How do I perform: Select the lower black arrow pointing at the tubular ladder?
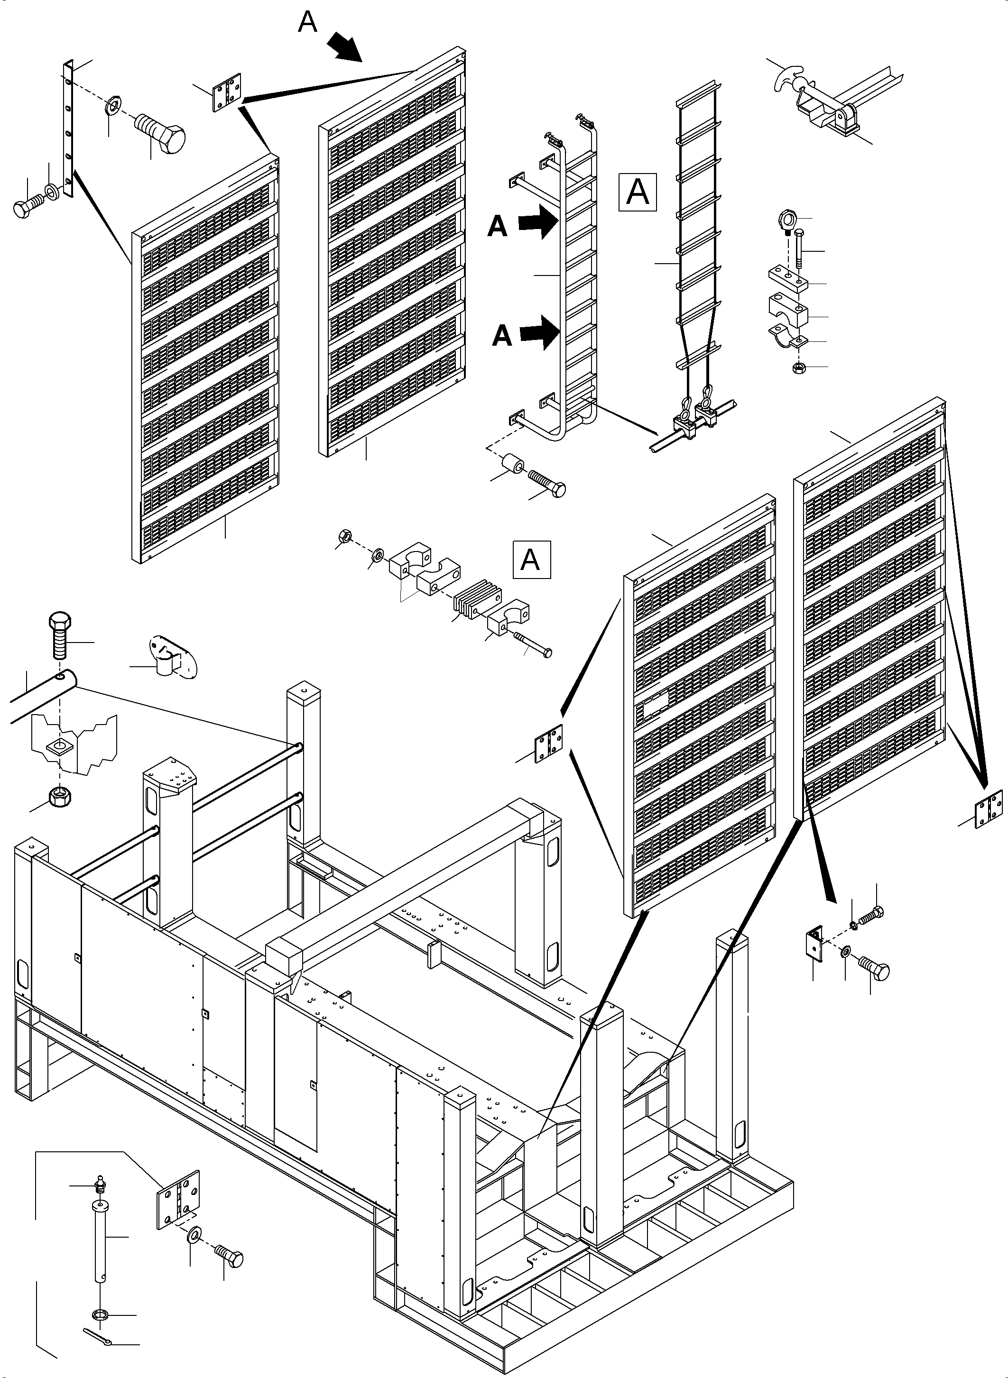540,333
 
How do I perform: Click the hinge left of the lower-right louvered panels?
548,743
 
